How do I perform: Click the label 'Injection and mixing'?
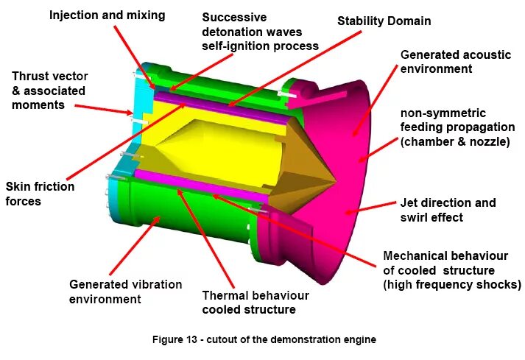point(108,14)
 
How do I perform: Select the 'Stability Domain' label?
point(384,21)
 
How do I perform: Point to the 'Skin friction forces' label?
point(40,194)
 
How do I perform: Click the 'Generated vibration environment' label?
point(125,292)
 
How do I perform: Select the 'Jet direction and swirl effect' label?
point(447,210)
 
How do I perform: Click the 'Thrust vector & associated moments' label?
point(49,91)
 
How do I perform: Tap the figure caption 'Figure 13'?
point(264,339)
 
